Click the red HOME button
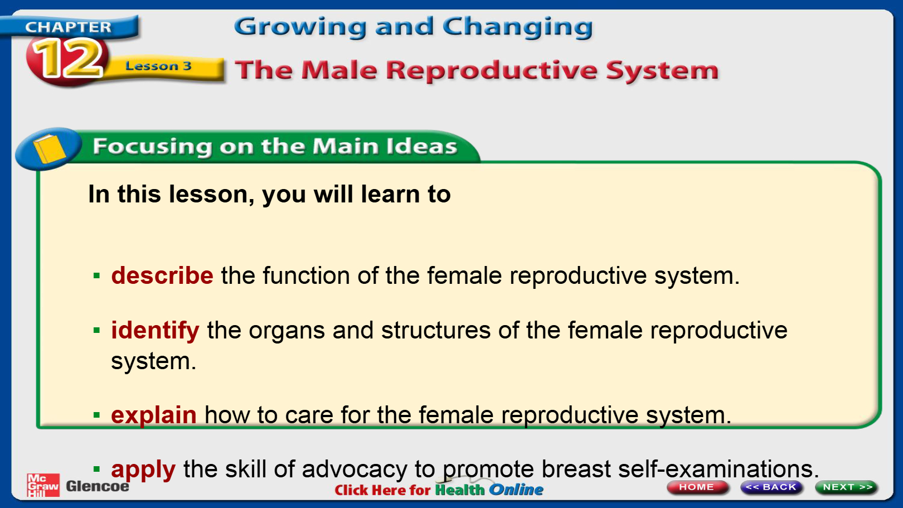pyautogui.click(x=697, y=487)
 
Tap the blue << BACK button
pyautogui.click(x=771, y=487)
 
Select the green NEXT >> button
pyautogui.click(x=846, y=487)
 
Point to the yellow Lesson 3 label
pyautogui.click(x=158, y=66)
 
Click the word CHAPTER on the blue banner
pyautogui.click(x=68, y=27)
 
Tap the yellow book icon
pyautogui.click(x=49, y=148)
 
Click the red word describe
pyautogui.click(x=162, y=275)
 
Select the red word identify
pyautogui.click(x=155, y=331)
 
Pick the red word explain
pyautogui.click(x=154, y=415)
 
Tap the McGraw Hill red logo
pyautogui.click(x=43, y=485)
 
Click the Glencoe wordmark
pyautogui.click(x=98, y=486)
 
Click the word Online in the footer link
pyautogui.click(x=516, y=490)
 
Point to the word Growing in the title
pyautogui.click(x=300, y=27)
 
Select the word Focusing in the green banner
pyautogui.click(x=152, y=146)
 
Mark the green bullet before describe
pyautogui.click(x=96, y=276)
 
